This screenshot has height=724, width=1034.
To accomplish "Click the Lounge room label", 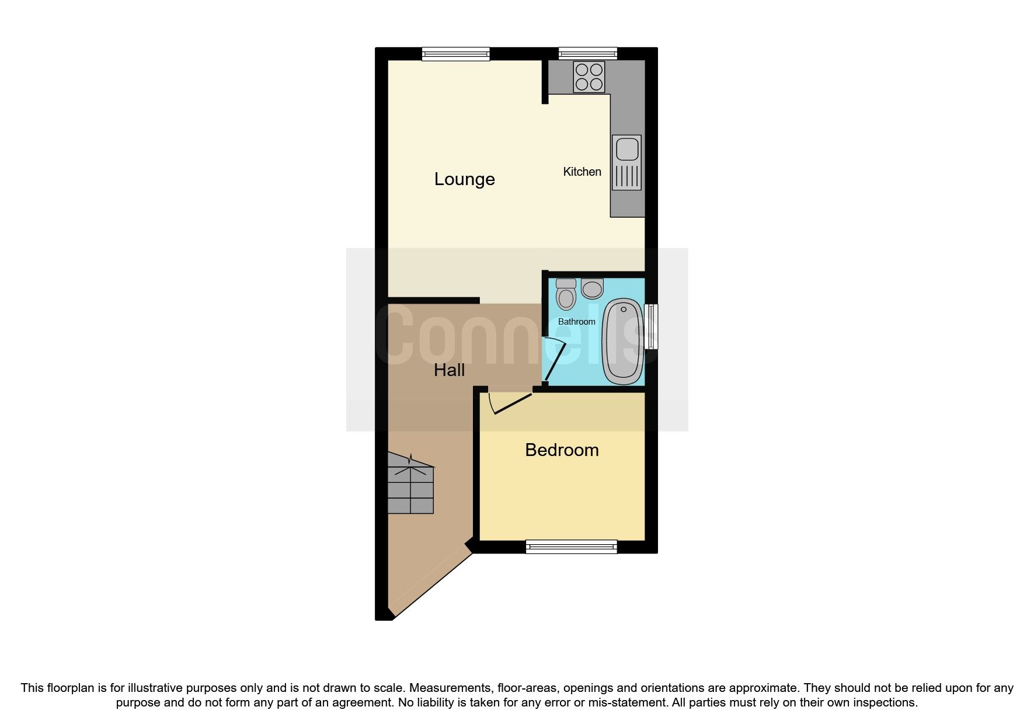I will click(464, 179).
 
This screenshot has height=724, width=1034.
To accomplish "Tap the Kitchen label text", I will click(582, 172).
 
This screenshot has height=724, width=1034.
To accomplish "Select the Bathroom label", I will click(576, 322).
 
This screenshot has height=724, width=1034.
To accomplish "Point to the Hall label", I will click(449, 370).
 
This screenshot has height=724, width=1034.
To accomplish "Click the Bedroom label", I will click(562, 450).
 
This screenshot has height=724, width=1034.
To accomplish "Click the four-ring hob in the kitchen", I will click(589, 77).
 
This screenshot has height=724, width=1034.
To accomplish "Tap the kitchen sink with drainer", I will click(626, 162).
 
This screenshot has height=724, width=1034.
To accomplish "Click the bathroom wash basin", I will click(592, 288).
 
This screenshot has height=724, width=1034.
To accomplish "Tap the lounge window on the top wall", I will click(456, 54).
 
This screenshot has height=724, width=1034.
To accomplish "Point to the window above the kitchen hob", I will click(587, 54).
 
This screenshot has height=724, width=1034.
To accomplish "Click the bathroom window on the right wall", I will click(650, 326).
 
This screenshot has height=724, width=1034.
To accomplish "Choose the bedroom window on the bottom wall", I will click(571, 547).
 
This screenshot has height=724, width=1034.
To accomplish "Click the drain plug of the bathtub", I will click(624, 309).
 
